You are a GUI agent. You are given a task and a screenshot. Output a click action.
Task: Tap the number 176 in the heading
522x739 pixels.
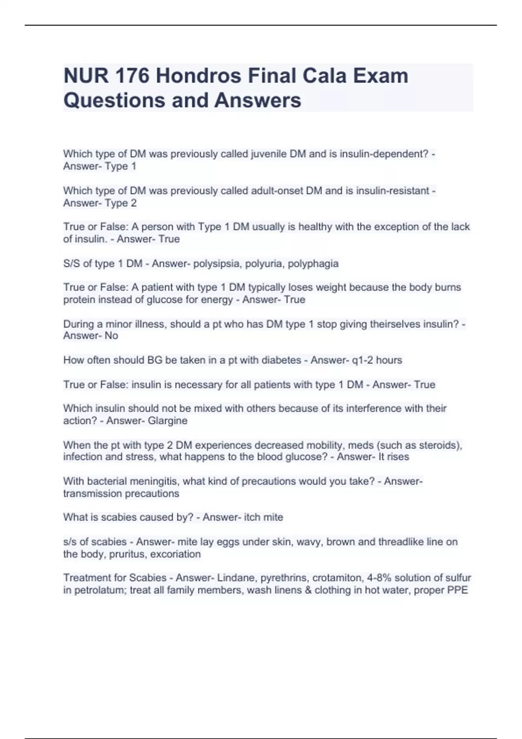[x=131, y=76]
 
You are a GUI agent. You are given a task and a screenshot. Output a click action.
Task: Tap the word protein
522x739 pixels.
[x=79, y=300]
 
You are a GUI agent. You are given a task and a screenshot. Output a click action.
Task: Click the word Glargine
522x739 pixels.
[x=167, y=420]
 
